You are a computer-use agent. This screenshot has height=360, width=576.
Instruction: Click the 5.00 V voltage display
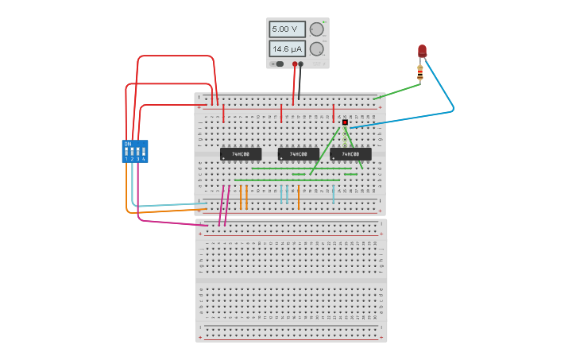(286, 29)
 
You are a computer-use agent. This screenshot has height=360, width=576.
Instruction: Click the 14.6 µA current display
(286, 48)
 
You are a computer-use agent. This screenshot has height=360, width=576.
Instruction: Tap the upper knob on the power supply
(316, 30)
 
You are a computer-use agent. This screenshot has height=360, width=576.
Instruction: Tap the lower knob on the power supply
(316, 49)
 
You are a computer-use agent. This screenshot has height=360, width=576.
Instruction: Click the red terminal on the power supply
(295, 64)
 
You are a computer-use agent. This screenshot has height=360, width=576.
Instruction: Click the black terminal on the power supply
(301, 64)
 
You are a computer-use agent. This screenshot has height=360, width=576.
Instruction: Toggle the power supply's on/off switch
(278, 64)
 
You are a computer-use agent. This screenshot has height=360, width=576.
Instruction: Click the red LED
(422, 51)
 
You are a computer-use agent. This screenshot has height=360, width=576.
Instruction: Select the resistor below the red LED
(420, 73)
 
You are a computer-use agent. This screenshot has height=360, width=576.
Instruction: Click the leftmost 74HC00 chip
(241, 154)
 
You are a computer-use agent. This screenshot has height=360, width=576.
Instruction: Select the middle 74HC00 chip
(299, 154)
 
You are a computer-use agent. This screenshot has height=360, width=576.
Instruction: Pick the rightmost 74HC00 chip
(350, 154)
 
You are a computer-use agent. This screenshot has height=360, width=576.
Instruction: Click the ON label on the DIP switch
(127, 143)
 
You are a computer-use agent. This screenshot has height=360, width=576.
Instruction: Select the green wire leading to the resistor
(397, 91)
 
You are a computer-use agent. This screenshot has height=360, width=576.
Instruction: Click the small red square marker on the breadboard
(345, 122)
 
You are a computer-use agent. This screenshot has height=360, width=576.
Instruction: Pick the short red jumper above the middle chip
(281, 114)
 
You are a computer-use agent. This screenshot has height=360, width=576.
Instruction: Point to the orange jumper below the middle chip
(299, 196)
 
